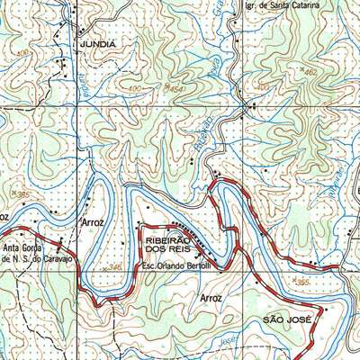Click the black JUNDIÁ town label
(x=97, y=43)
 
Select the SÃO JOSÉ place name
(x=286, y=319)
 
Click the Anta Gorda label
(x=26, y=250)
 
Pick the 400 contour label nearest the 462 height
(x=264, y=86)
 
